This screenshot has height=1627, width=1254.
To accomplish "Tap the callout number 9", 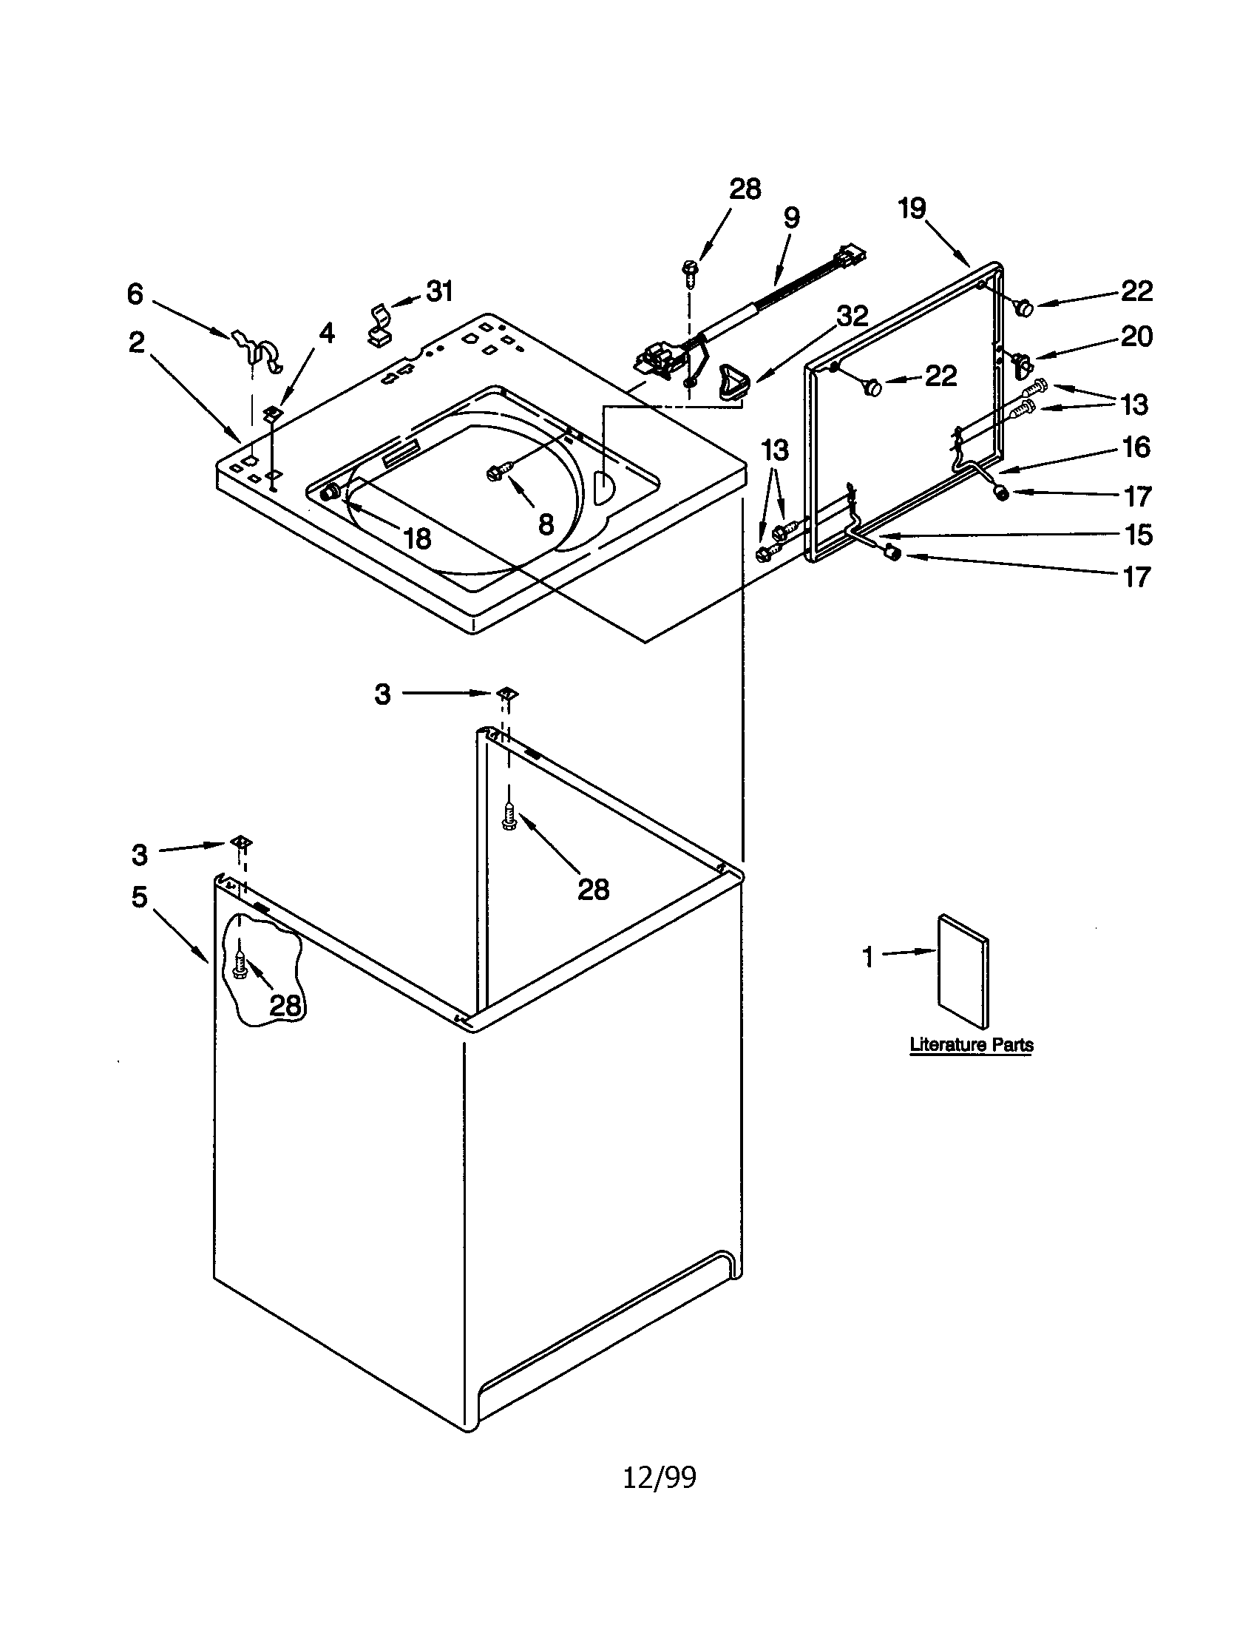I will [791, 217].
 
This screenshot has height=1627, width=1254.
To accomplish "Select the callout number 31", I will [439, 291].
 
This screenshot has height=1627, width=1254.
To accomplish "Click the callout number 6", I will [135, 294].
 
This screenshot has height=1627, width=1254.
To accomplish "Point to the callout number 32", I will [852, 316].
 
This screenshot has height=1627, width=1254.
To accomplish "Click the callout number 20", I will [1136, 336].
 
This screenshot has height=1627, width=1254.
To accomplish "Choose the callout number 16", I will [1136, 447].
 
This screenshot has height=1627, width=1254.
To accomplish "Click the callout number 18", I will [416, 538].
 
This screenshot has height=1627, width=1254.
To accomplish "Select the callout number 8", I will [546, 524].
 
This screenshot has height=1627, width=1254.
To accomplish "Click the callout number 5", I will [139, 897].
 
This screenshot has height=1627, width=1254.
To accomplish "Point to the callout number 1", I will [867, 956].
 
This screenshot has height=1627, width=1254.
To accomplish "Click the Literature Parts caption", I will [971, 1044].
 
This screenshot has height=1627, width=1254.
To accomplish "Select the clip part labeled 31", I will [381, 325].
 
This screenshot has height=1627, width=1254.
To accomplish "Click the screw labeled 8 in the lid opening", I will [498, 471].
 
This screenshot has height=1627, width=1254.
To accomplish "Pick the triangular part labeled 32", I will [731, 384].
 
